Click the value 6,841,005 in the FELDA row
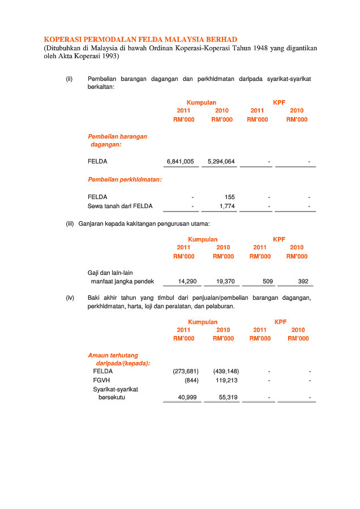click(181, 161)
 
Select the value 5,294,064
click(221, 161)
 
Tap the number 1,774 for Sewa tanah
click(227, 206)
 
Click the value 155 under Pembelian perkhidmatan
click(230, 197)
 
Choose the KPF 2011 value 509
click(268, 281)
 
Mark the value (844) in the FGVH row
click(191, 380)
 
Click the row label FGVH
click(102, 380)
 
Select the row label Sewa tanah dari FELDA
click(120, 206)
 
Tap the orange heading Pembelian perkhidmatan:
click(125, 179)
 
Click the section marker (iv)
click(70, 297)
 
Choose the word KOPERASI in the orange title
click(63, 40)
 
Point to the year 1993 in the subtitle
click(108, 57)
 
